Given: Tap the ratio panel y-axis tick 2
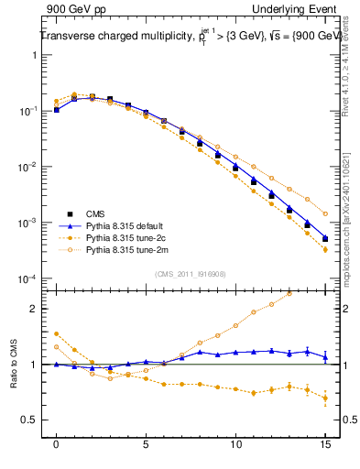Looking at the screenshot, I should click(37, 309).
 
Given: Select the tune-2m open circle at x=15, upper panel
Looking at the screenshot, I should click(325, 213).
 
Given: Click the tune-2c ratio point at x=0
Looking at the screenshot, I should click(57, 333).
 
